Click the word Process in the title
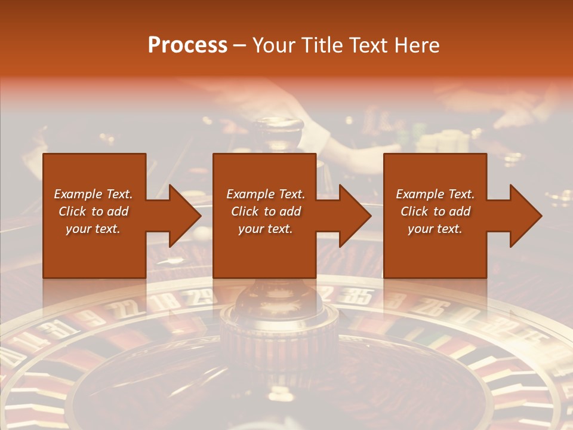(x=187, y=45)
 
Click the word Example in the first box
(x=78, y=194)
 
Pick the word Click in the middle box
(x=245, y=211)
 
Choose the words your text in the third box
(x=435, y=229)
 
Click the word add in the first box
(x=117, y=211)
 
